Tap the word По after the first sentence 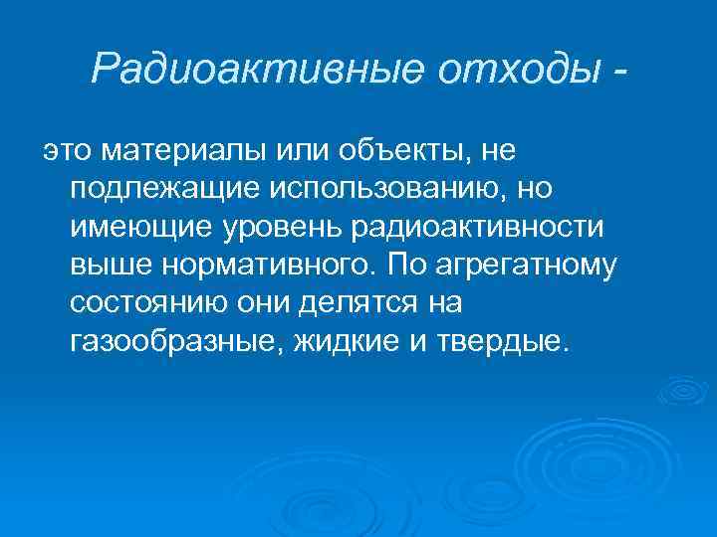(x=405, y=266)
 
